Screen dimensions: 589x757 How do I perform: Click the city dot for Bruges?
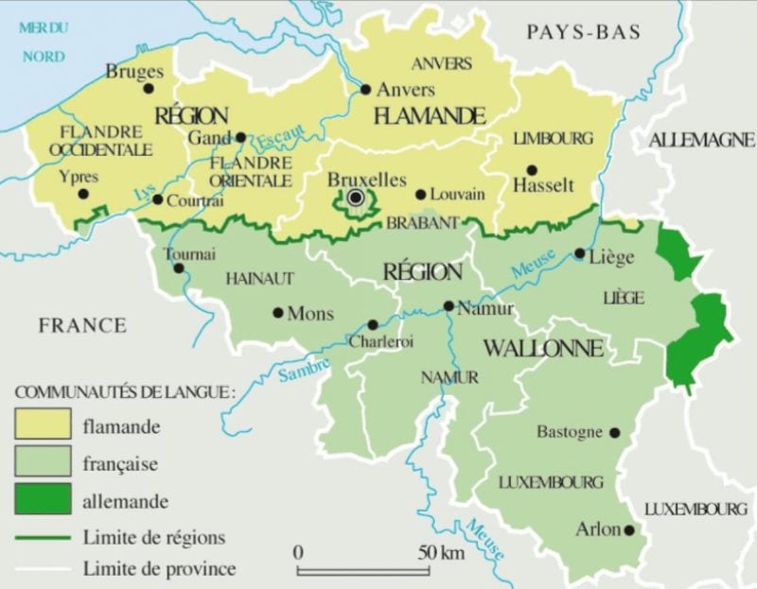148,89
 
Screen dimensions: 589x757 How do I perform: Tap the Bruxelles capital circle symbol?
356,197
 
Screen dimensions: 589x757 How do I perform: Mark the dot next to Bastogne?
614,432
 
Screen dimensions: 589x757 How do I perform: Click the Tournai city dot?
178,268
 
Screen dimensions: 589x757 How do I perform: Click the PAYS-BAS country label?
584,32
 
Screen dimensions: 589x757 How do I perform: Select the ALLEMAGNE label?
701,140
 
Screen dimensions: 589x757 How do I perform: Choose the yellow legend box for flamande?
43,424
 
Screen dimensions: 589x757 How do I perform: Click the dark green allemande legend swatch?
43,500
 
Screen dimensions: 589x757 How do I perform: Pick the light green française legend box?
43,462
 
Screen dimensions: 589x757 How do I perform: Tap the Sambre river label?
304,370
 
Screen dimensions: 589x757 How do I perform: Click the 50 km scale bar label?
441,552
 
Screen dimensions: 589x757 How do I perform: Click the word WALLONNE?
542,348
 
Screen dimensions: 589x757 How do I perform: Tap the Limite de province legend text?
159,568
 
